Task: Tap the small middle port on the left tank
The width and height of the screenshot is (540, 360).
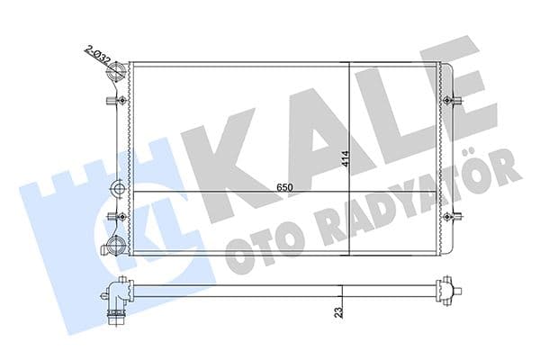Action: pos(118,189)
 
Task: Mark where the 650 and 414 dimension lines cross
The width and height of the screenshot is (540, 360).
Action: pos(349,193)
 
